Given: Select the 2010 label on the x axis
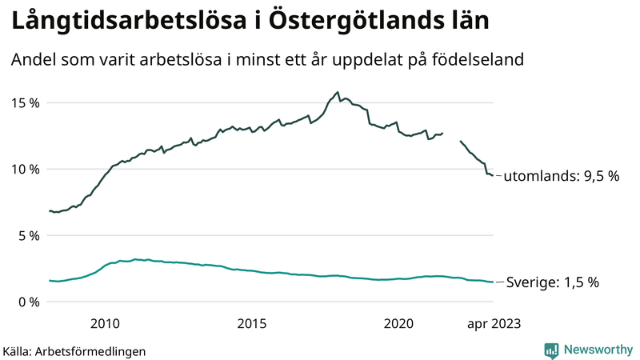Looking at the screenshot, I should click(x=106, y=323).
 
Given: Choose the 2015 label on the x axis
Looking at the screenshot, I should click(x=252, y=323).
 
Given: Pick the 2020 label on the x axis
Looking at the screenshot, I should click(x=398, y=323).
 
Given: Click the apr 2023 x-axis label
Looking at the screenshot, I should click(x=493, y=323).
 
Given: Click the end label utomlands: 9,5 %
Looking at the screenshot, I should click(x=562, y=176).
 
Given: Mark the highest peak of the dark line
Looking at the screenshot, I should click(x=338, y=92).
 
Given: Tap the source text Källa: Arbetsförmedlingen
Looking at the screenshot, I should click(x=74, y=350).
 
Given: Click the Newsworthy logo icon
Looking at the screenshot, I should click(x=551, y=350).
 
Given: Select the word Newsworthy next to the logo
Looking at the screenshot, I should click(x=597, y=350).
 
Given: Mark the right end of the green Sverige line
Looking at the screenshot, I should click(x=493, y=282).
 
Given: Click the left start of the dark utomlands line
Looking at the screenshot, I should click(x=50, y=211).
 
